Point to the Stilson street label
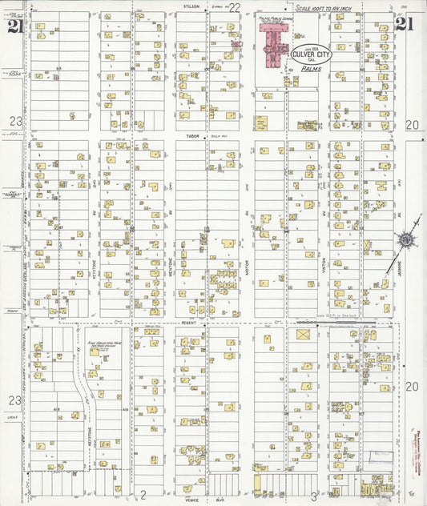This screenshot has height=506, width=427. coord(191,6)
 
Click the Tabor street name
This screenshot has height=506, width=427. coord(192,136)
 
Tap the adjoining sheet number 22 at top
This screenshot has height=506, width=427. coord(235,7)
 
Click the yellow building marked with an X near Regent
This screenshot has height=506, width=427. coord(303,335)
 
